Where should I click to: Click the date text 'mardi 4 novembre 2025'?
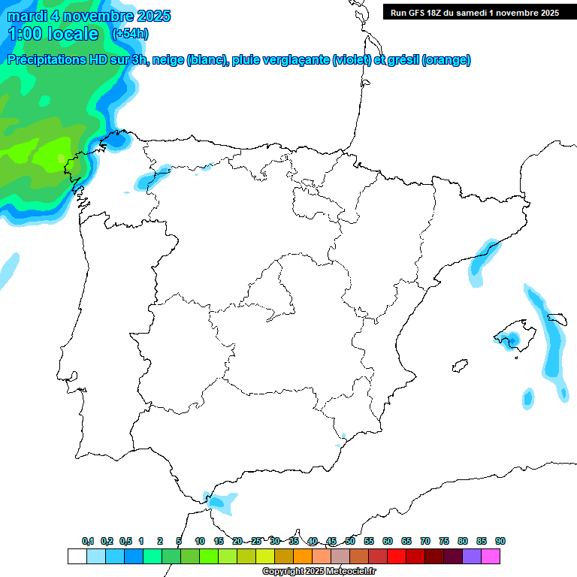coord(89,16)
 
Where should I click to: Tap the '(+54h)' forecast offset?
coord(130,34)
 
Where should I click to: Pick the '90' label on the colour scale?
coord(500,541)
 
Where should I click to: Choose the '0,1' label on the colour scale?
coord(88,541)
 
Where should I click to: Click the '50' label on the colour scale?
coord(350,541)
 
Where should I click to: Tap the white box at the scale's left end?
coord(77,556)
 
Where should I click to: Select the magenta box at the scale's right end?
coord(491,556)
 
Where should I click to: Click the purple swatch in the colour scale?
coord(472,556)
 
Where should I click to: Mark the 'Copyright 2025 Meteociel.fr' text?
coord(319,571)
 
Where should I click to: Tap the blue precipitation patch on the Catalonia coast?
coord(482,259)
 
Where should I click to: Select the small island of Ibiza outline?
coord(458,366)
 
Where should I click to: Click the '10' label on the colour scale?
coord(200,541)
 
